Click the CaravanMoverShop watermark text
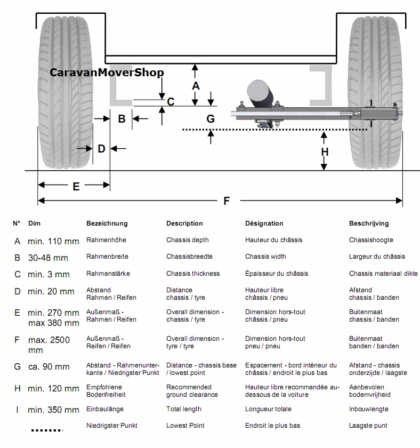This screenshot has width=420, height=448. [107, 73]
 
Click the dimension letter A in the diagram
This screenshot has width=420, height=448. [196, 85]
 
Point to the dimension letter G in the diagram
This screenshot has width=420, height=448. [211, 118]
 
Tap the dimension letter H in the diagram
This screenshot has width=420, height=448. [325, 152]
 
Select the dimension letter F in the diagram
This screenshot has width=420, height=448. [227, 201]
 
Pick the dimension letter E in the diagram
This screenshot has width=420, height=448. [76, 186]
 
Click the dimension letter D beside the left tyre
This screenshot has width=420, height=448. [101, 149]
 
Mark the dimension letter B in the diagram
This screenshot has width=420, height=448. [122, 119]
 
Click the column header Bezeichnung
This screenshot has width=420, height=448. [107, 223]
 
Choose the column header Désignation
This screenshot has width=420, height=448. [264, 223]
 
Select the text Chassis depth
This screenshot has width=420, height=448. [187, 240]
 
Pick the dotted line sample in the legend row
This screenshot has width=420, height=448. [46, 429]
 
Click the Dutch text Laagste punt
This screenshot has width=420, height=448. [368, 426]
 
